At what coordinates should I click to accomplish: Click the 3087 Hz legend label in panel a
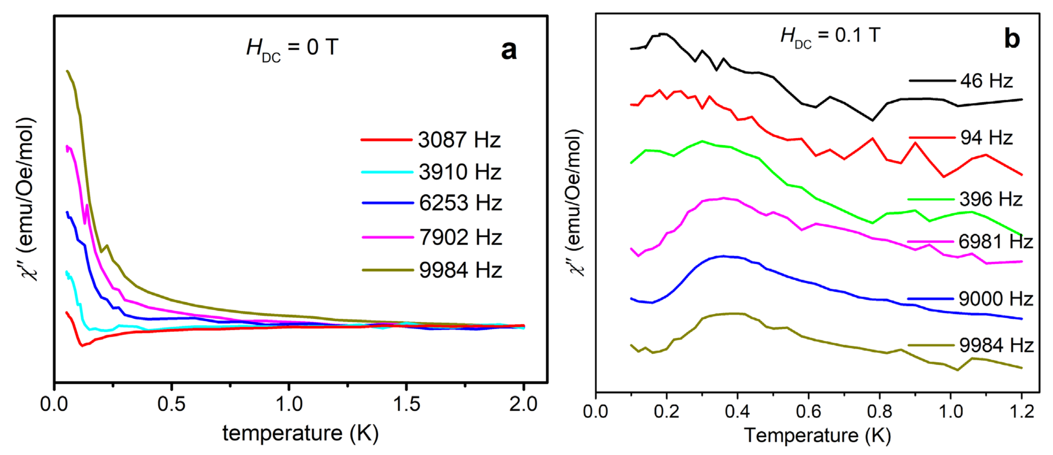pos(459,140)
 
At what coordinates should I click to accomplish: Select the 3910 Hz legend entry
pos(460,172)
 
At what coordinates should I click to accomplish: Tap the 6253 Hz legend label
pos(460,203)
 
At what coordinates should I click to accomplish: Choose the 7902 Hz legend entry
pos(460,237)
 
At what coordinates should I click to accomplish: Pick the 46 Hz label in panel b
pos(986,81)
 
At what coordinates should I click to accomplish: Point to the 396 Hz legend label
pos(991,199)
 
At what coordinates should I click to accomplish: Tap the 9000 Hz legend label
pos(996,299)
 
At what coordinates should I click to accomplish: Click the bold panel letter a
pos(508,50)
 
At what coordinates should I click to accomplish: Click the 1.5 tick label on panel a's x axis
pos(406,404)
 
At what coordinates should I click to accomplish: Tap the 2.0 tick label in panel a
pos(523,404)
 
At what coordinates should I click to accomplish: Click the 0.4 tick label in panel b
pos(737,411)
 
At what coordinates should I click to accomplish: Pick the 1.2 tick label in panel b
pos(1021,411)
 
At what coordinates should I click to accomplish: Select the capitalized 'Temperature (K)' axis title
pos(817,435)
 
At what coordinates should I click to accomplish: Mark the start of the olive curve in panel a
pos(67,71)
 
